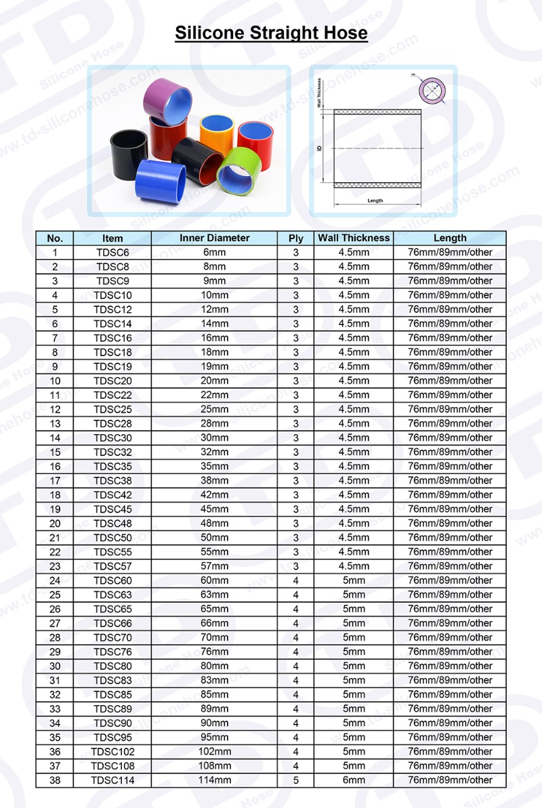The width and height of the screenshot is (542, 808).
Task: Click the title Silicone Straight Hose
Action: click(x=271, y=33)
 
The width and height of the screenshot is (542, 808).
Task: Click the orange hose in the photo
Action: click(x=217, y=131)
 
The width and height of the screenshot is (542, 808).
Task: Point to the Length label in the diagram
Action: click(x=375, y=200)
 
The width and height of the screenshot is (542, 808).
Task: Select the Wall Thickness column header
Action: click(x=354, y=238)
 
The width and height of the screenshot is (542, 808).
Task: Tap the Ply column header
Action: click(x=295, y=238)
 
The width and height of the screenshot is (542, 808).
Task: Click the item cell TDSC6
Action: click(x=112, y=252)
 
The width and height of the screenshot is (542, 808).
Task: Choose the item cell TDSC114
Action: click(x=112, y=780)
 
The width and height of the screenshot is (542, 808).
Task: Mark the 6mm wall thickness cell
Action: click(x=354, y=780)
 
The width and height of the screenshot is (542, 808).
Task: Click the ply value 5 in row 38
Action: click(x=295, y=780)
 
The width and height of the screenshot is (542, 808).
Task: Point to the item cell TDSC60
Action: click(x=112, y=580)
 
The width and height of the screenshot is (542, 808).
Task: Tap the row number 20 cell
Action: click(x=55, y=523)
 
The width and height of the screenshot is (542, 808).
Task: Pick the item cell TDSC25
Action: click(x=112, y=409)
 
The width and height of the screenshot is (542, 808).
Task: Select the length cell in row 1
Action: click(x=450, y=252)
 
